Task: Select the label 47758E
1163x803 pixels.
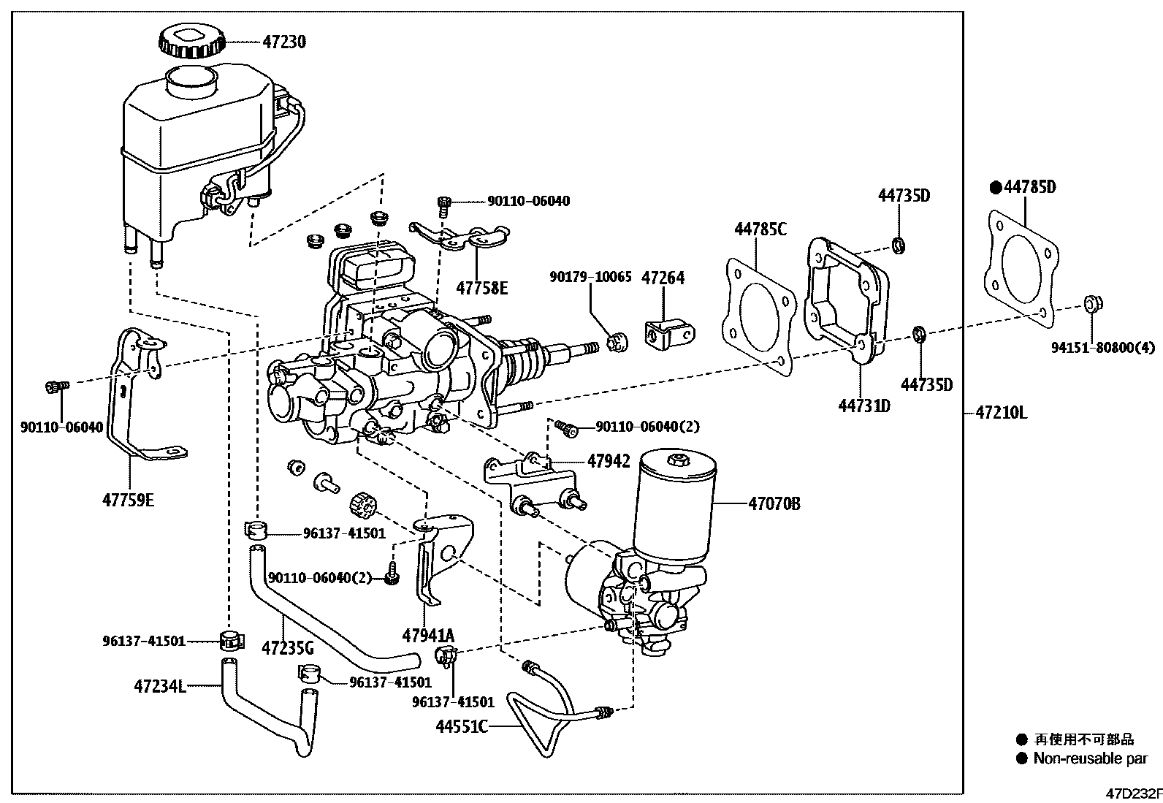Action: coord(482,288)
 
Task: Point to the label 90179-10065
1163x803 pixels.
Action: coord(590,278)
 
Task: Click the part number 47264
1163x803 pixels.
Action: coord(663,278)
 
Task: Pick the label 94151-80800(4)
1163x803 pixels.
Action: coord(1103,349)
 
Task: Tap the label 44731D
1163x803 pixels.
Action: coord(863,406)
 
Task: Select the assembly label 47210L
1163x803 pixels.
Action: coord(1001,413)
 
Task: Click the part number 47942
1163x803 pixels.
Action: coord(608,461)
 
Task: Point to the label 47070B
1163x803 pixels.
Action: coord(774,503)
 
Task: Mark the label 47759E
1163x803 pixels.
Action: coord(129,501)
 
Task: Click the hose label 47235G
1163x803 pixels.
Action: coord(288,647)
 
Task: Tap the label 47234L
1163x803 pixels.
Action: coord(160,686)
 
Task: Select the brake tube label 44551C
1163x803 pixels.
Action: coord(462,727)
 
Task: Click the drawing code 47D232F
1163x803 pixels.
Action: coord(1133,794)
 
